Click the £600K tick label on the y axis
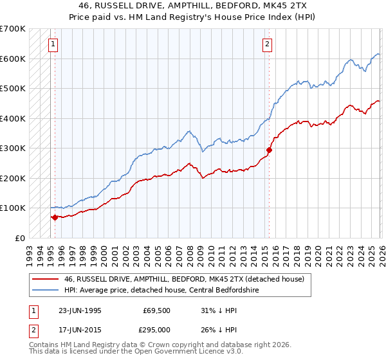click(x=13, y=59)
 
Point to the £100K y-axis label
click(x=13, y=208)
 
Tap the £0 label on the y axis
click(x=19, y=238)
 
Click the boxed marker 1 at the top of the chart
click(x=52, y=44)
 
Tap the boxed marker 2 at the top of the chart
click(x=266, y=44)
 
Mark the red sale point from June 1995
click(x=55, y=217)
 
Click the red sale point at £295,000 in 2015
click(x=270, y=150)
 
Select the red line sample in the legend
click(x=46, y=278)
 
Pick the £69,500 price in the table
click(x=157, y=310)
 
